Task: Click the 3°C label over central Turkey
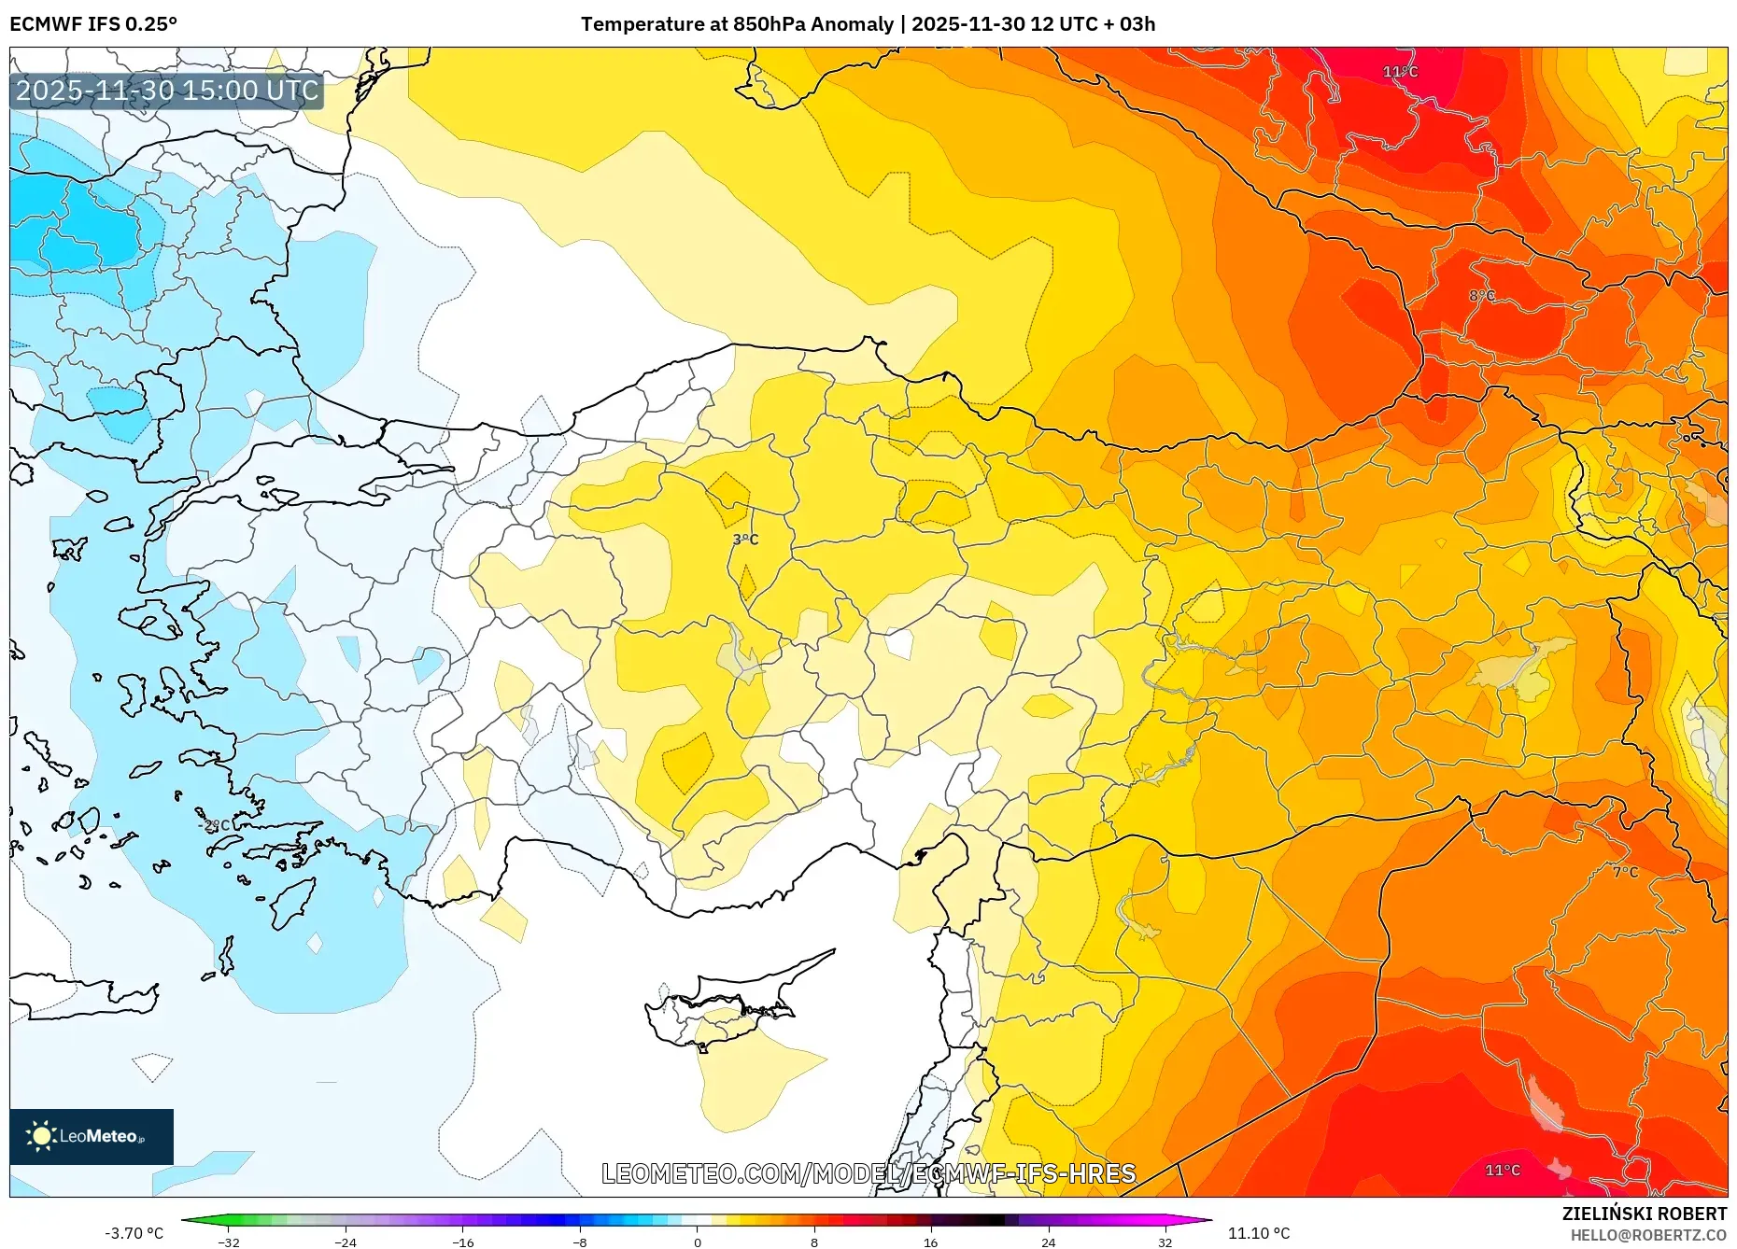[745, 540]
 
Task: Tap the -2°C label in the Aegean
[215, 825]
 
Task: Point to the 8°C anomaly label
[1482, 296]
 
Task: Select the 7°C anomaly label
[1625, 872]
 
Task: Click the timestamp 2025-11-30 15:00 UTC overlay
[167, 91]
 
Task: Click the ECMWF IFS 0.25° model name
[93, 24]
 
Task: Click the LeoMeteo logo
[92, 1136]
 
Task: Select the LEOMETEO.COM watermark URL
[868, 1173]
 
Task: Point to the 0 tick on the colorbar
[697, 1242]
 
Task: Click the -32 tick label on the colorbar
[229, 1242]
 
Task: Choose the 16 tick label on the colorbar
[930, 1242]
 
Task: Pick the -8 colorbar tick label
[580, 1242]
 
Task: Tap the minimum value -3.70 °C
[134, 1233]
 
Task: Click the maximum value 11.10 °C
[1259, 1233]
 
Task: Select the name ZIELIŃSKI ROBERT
[1644, 1214]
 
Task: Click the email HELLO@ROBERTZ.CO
[1648, 1235]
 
